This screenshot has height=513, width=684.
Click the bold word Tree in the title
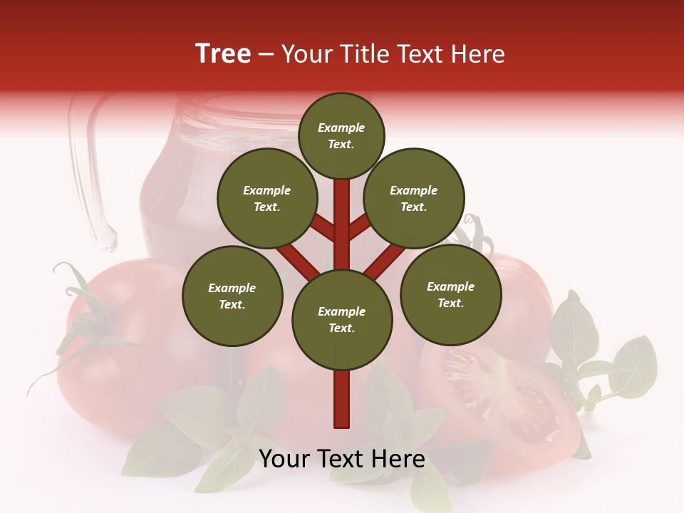(223, 54)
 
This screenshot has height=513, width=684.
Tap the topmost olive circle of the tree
(341, 135)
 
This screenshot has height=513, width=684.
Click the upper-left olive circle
(266, 198)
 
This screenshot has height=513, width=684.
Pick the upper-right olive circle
(414, 198)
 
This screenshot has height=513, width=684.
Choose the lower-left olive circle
(232, 296)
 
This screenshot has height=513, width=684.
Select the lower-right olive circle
(450, 294)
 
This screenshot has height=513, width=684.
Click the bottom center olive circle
(342, 319)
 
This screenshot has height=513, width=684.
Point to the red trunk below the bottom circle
(342, 399)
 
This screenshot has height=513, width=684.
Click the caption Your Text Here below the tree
(342, 459)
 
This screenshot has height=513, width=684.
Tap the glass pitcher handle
(89, 171)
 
